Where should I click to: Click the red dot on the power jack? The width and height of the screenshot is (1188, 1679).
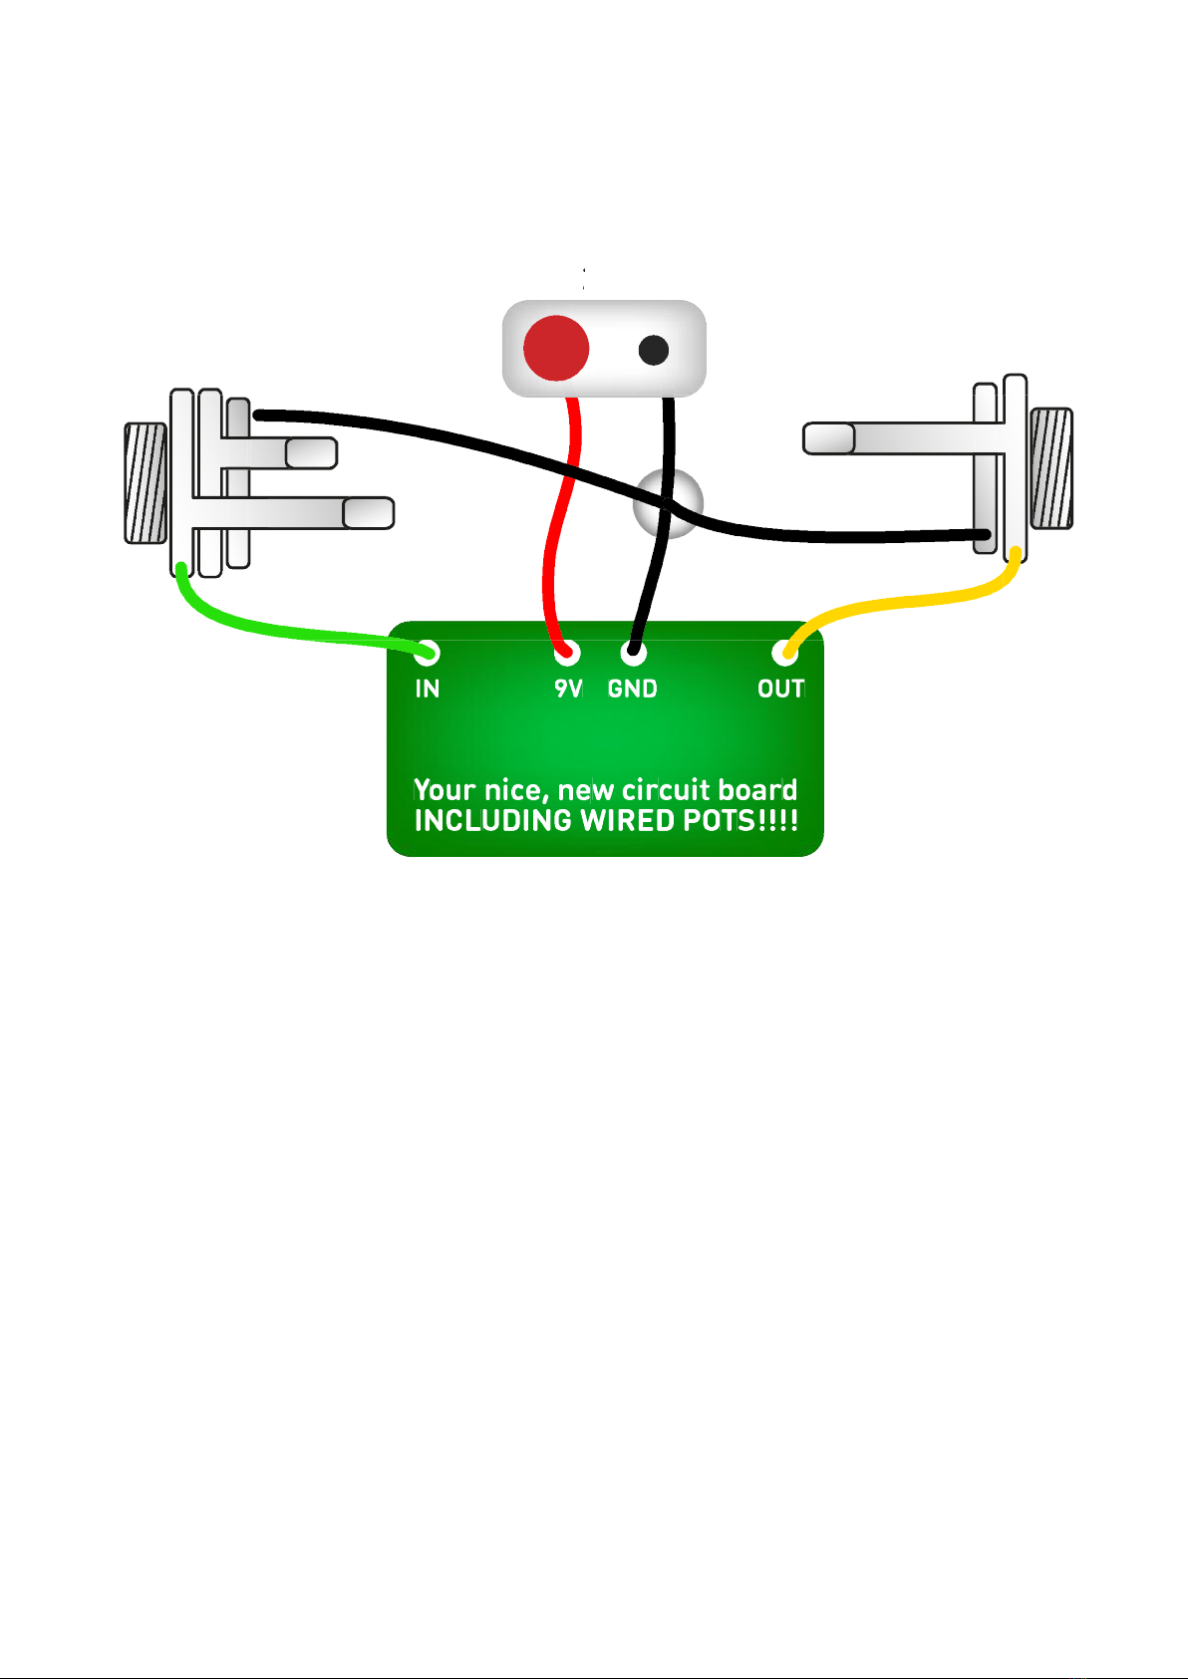coord(556,348)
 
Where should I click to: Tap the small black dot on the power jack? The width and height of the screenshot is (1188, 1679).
coord(654,350)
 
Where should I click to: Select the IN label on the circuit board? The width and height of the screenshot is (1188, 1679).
coord(428,689)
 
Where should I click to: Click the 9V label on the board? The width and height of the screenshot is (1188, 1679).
coord(568,689)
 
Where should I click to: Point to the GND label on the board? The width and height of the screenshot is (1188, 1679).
coord(633,689)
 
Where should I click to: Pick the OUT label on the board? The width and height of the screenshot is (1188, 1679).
coord(781,689)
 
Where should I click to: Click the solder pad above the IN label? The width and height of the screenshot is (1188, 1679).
coord(428,652)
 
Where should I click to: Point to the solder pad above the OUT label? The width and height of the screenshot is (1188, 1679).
coord(784,652)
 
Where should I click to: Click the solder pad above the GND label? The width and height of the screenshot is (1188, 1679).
coord(633,652)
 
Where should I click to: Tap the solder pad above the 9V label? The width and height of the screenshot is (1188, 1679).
coord(567,652)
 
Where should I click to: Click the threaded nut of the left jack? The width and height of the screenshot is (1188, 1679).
coord(146,483)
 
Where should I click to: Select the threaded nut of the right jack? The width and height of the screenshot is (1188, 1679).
coord(1051,468)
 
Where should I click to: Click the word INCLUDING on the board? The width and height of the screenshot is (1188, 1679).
coord(493,821)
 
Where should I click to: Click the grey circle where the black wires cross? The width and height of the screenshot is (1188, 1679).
coord(668,504)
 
